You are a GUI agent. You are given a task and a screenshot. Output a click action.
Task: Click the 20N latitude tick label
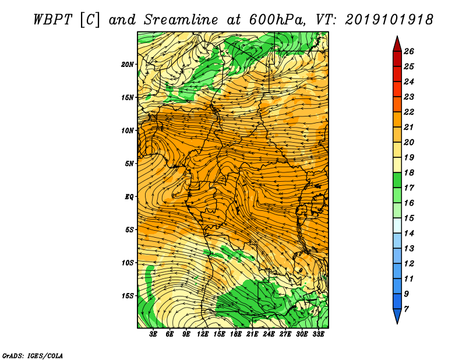pos(127,65)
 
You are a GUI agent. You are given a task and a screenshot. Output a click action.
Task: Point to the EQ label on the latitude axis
pos(129,197)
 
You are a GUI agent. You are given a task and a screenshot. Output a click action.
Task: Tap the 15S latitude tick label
pos(127,296)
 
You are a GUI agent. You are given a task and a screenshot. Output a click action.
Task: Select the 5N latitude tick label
pos(129,164)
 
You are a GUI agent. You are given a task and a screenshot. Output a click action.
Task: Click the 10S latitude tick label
pos(127,263)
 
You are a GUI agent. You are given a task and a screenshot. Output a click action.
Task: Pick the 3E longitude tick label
pos(153,334)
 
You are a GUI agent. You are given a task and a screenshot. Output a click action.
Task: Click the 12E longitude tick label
pos(203,334)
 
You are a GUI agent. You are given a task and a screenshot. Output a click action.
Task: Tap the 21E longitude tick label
pos(252,334)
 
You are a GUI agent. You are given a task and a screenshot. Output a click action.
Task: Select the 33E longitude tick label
pos(318,334)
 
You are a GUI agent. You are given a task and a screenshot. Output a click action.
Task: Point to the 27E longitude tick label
pos(285,334)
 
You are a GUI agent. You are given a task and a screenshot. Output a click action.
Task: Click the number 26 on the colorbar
pos(409,51)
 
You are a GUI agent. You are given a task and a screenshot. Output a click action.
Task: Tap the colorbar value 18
pos(409,172)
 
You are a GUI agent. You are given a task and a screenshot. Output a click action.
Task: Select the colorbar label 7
pos(406,309)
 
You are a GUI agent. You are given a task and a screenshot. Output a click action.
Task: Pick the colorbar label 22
pos(409,112)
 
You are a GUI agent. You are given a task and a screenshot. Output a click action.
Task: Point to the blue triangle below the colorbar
pos(397,316)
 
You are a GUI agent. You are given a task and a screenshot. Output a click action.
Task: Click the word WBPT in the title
pos(52,20)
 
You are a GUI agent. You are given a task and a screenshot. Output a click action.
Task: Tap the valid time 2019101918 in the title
pos(389,20)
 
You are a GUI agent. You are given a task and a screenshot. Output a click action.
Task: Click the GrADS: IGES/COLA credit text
pos(33,356)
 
